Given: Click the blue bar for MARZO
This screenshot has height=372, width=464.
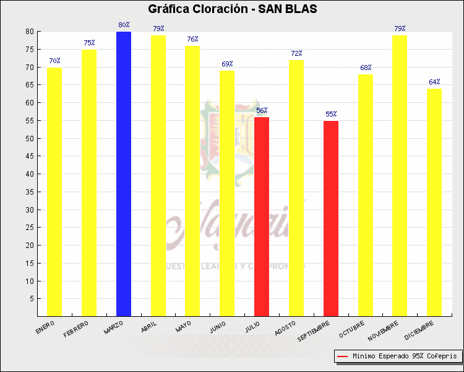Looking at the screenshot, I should click(x=124, y=174).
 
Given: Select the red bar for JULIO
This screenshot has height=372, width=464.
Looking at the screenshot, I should click(x=262, y=216).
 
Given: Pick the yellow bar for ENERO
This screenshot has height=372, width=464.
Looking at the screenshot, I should click(x=54, y=192).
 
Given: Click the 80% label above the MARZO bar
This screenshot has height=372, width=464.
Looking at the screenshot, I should click(x=124, y=25).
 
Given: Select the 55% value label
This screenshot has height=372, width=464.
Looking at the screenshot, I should click(x=331, y=115).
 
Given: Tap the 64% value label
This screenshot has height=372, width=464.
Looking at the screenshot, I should click(x=434, y=82).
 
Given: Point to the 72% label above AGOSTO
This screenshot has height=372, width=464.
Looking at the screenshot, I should click(x=296, y=54).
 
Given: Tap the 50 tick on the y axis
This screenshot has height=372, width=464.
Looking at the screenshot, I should click(x=30, y=138).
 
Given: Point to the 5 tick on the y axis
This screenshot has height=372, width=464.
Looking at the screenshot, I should click(x=32, y=299).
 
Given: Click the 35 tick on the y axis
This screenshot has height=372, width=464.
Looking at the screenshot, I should click(x=30, y=192).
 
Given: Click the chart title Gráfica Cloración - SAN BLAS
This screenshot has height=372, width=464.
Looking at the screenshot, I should click(x=232, y=9).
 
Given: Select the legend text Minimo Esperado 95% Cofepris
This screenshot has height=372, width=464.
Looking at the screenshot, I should click(x=405, y=356).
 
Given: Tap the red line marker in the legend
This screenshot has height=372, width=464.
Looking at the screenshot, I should click(x=343, y=356).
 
